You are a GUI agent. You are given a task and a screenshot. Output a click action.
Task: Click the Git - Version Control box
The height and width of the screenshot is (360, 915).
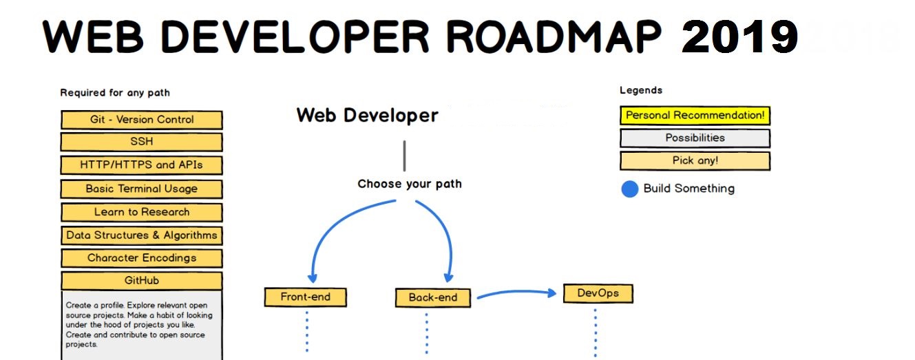tap(142, 120)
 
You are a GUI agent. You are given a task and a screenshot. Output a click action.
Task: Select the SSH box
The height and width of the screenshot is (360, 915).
tap(142, 142)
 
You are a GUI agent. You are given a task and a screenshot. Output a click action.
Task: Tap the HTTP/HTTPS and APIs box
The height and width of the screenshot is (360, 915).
tap(142, 165)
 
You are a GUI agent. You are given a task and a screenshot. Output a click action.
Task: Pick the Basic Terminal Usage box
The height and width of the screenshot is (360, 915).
tap(142, 189)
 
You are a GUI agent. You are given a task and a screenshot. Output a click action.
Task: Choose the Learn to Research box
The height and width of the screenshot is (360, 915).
tap(142, 212)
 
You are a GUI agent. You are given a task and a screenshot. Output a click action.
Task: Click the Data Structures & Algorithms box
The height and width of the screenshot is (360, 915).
tap(142, 235)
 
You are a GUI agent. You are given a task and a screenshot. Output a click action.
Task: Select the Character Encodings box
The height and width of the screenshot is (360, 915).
tap(142, 258)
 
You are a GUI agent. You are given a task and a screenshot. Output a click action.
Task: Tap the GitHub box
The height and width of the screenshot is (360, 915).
tap(142, 281)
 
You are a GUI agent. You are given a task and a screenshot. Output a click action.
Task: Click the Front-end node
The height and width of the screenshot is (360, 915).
tap(306, 297)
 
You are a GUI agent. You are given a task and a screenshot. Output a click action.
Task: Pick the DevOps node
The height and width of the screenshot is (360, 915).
tap(598, 293)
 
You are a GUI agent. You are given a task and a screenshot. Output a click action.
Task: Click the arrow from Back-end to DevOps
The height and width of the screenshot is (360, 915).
tap(516, 294)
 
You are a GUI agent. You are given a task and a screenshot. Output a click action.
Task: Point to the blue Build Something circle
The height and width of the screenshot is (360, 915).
tap(630, 189)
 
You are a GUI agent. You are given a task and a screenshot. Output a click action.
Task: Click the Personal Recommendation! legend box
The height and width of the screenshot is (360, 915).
tap(695, 116)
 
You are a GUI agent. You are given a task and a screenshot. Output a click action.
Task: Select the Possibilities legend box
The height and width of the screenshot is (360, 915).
tap(695, 138)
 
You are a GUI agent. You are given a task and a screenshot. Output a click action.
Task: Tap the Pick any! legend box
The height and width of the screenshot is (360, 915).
tap(695, 161)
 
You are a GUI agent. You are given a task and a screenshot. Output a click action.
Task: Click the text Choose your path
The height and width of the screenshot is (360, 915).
tap(410, 184)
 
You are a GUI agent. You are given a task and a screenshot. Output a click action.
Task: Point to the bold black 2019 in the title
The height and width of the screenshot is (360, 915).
tap(739, 37)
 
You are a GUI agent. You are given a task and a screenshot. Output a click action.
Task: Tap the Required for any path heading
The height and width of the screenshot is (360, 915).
tap(115, 93)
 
